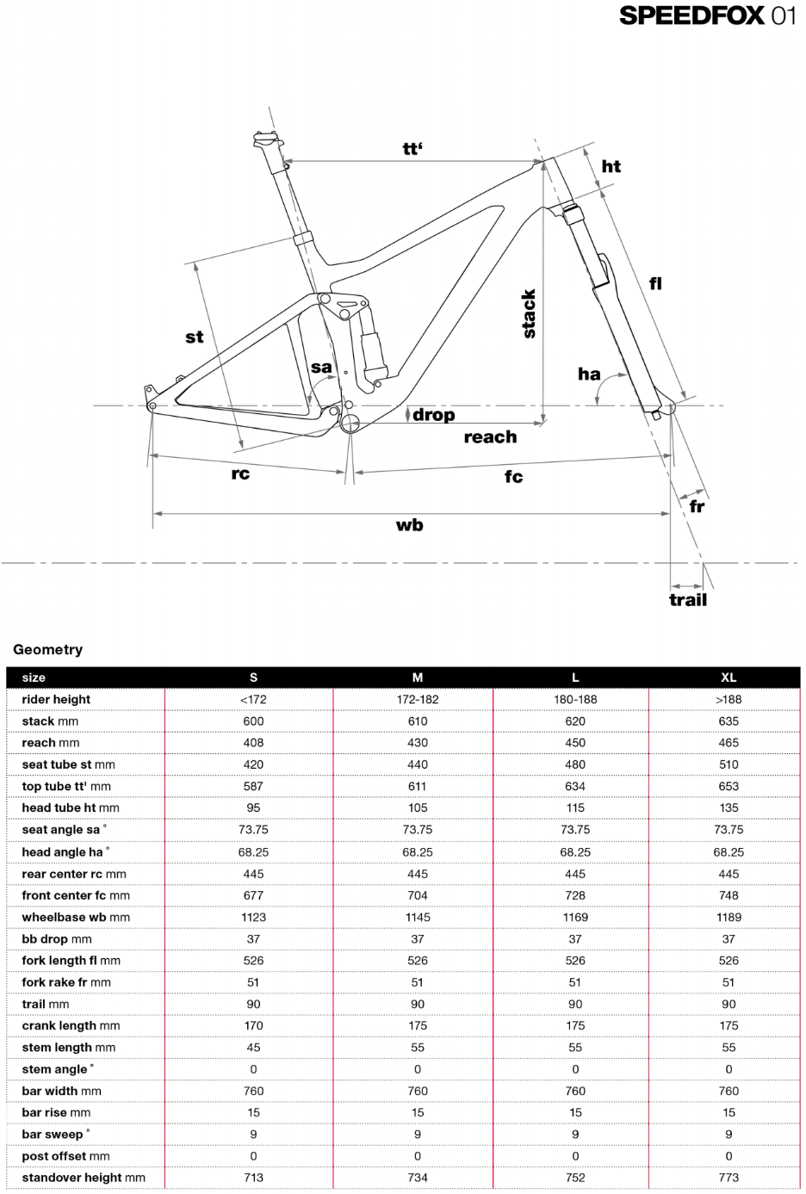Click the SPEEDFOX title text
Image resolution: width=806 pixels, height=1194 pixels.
[x=691, y=16]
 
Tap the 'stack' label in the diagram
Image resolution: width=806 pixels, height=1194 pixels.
[x=529, y=314]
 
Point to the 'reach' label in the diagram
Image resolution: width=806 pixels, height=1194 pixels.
[x=491, y=437]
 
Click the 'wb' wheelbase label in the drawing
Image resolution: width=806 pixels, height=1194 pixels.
[x=409, y=525]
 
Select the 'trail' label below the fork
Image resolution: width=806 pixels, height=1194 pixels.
[x=688, y=600]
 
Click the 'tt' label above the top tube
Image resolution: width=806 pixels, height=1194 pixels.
[x=412, y=148]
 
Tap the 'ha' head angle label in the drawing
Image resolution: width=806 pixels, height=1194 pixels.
[x=589, y=374]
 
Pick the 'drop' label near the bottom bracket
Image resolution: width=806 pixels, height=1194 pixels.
[x=434, y=415]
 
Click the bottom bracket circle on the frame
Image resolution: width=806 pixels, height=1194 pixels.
[x=350, y=424]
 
